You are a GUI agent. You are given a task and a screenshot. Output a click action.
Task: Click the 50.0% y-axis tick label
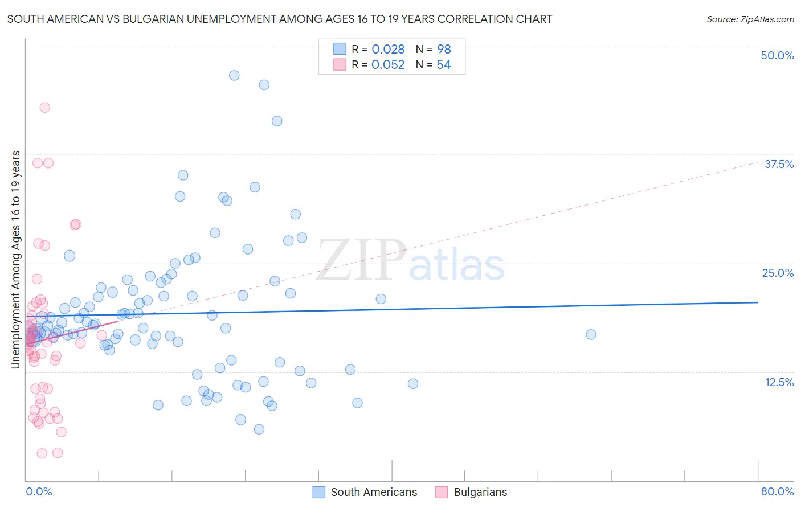click(x=777, y=55)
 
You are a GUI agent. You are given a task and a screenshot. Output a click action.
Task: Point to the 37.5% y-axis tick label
click(x=779, y=164)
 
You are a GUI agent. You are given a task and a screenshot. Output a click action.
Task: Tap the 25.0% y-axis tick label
click(x=778, y=273)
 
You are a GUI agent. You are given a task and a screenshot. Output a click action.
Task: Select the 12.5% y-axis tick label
click(x=779, y=382)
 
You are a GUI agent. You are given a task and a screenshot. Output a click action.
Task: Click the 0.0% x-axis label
click(x=39, y=491)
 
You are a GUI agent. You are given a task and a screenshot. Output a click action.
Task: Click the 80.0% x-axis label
click(x=777, y=491)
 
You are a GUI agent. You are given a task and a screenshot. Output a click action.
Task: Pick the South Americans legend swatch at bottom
click(x=319, y=492)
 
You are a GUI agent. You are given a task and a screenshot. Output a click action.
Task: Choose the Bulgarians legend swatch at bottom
click(x=442, y=492)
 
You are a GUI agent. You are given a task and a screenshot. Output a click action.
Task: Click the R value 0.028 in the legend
click(x=388, y=49)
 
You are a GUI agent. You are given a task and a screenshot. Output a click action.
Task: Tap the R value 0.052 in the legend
click(x=388, y=65)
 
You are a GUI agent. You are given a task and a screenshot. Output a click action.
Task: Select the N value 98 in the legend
click(x=444, y=49)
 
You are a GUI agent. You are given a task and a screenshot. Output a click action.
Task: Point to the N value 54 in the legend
click(x=443, y=65)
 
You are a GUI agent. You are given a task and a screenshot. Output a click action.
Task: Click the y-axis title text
click(x=16, y=260)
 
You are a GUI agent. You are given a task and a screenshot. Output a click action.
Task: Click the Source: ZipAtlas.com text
click(x=750, y=19)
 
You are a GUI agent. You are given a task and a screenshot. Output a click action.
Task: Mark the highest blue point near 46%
click(x=234, y=75)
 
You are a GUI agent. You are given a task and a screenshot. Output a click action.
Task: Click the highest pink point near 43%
click(x=44, y=107)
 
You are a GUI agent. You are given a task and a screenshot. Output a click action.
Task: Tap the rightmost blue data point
click(x=591, y=334)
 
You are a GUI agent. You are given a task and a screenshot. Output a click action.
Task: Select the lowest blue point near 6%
click(x=259, y=429)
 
